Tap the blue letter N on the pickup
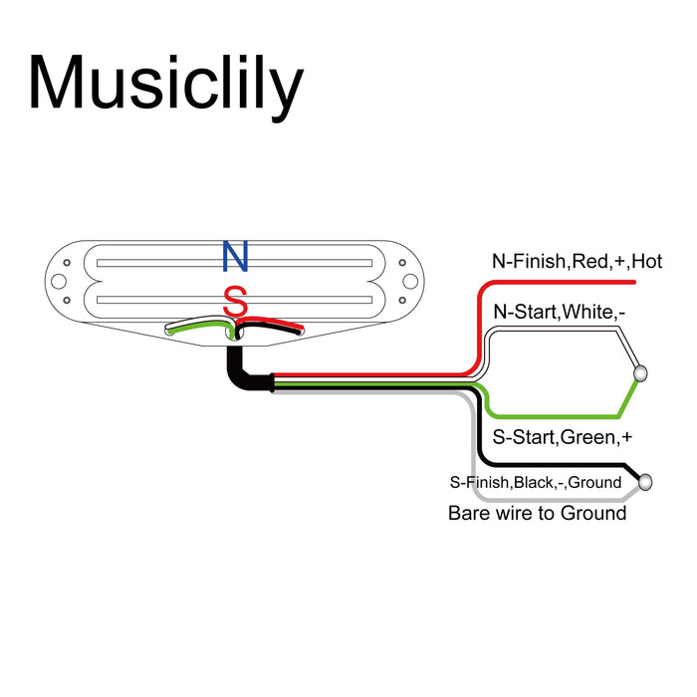click(x=235, y=257)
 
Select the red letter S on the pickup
click(x=235, y=301)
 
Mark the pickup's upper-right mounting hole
click(x=404, y=264)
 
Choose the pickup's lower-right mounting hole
click(x=404, y=299)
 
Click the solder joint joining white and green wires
click(x=639, y=373)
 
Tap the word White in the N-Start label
click(x=588, y=313)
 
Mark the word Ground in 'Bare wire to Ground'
click(x=591, y=514)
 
